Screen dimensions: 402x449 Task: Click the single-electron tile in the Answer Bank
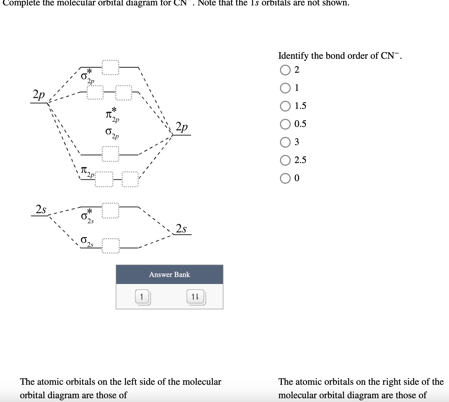coord(142,297)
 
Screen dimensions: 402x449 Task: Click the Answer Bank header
coord(169,274)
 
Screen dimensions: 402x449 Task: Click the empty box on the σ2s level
coord(110,246)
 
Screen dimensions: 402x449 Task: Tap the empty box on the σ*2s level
coord(110,211)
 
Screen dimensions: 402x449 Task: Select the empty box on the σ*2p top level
coord(110,67)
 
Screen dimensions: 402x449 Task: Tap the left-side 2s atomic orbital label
coord(41,209)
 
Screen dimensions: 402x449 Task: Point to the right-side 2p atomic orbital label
coord(182,127)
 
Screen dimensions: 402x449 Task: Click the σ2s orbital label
coord(87,241)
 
